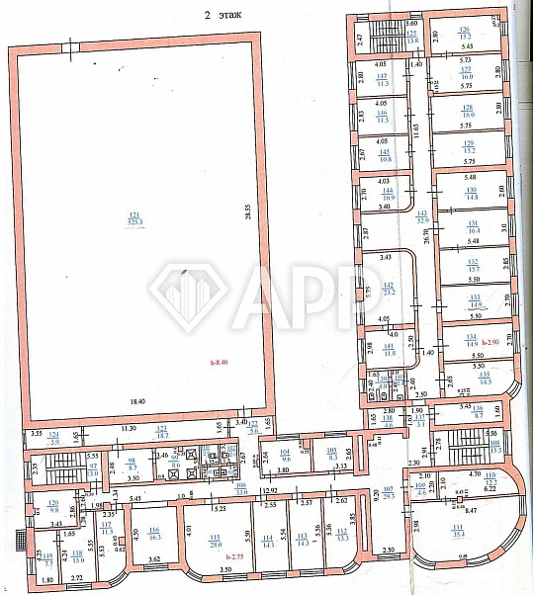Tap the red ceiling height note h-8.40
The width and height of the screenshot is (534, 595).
coord(220,361)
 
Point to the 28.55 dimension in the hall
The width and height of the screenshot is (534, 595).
coord(249,213)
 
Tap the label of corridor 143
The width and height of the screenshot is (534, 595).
coord(422,215)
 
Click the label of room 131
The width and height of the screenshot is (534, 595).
coord(472,228)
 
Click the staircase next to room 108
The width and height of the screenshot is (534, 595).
coord(454,444)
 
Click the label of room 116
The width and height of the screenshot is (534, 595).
coord(153,538)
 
